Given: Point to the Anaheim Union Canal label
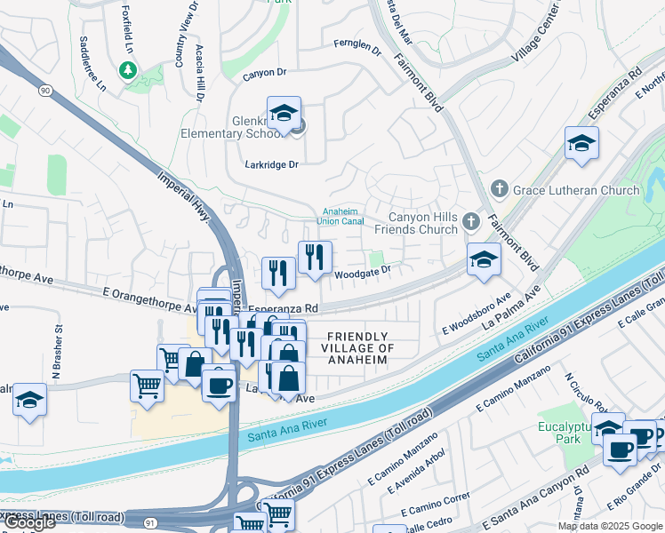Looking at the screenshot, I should click(342, 216).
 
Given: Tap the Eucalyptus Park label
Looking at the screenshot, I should click(564, 434).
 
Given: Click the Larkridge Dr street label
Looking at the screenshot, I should click(272, 164).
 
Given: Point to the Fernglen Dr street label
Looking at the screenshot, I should click(357, 47).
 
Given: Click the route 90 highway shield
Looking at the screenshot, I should click(44, 90).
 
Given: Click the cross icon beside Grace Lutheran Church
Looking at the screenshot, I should click(500, 190).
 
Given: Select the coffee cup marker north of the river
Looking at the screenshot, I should click(218, 385).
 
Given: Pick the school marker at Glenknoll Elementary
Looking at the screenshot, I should click(284, 114).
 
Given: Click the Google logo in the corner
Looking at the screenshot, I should click(29, 523).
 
